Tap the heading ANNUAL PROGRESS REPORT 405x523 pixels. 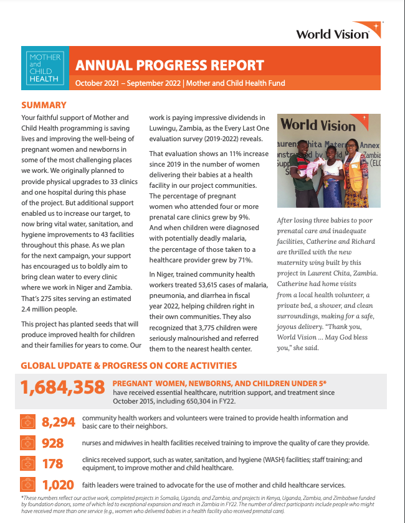pos(169,65)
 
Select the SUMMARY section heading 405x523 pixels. pos(44,105)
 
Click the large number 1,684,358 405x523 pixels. pos(62,388)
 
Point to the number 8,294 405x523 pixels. pos(58,422)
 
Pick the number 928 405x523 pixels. pos(53,443)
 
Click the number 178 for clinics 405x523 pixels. pos(53,464)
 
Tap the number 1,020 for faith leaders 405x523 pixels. pos(58,485)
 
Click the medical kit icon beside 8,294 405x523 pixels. pos(27,422)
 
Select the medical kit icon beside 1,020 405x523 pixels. pos(27,485)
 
